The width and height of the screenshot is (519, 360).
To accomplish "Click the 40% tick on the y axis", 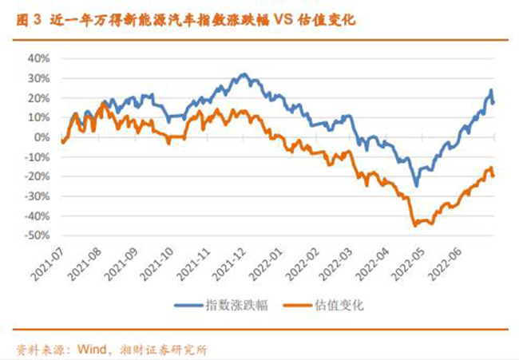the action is point(39,59).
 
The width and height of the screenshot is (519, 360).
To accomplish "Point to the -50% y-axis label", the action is point(37,235).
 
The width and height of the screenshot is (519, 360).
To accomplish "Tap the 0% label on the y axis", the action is point(42,137).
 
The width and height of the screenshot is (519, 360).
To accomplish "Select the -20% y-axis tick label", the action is point(37,176).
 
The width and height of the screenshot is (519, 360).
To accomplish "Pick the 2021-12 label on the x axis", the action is point(228,264).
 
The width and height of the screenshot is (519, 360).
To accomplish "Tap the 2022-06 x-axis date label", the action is point(446,264).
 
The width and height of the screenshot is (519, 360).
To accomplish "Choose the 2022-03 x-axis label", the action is point(337,264).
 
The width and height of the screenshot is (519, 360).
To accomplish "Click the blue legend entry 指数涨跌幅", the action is point(221,305).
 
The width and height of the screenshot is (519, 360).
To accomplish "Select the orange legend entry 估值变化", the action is point(323,305).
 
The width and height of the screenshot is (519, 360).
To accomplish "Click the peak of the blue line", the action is point(244,74).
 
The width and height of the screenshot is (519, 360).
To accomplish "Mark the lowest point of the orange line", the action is point(415,225).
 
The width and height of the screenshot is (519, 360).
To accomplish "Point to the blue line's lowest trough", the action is point(416,186).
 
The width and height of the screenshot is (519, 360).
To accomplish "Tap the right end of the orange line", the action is point(493,176).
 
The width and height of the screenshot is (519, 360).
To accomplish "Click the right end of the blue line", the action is point(493,103).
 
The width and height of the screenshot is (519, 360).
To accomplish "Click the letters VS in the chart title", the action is point(283,19).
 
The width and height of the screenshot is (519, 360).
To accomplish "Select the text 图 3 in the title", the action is point(29,20).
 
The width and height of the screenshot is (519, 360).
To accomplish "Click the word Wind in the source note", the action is point(92,349).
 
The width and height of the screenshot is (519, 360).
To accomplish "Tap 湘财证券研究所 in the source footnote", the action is point(164,350).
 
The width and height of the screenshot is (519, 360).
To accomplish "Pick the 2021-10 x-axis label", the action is point(156,264).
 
